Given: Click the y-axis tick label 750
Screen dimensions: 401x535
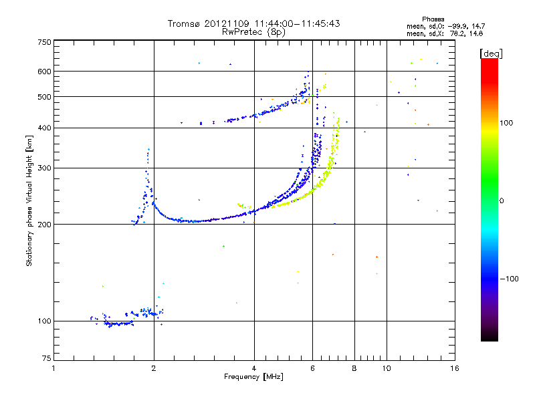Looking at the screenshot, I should click(44, 42).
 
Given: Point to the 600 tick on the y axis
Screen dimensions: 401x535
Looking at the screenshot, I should click(44, 71).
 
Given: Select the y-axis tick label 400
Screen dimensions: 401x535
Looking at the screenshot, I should click(44, 128).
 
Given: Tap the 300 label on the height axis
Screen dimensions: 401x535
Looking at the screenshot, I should click(44, 168).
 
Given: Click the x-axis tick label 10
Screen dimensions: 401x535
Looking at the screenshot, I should click(386, 368).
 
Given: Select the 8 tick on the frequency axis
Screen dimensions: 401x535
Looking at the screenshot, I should click(354, 368).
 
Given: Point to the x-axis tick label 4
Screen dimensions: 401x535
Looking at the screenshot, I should click(254, 368).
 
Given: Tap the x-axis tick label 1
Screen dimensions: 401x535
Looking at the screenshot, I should click(53, 368).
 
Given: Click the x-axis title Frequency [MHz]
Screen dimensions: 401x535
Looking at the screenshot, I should click(253, 377).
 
